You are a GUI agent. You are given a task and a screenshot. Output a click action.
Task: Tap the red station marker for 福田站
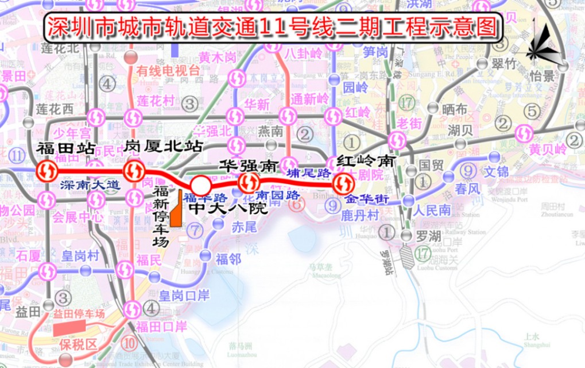[47, 171]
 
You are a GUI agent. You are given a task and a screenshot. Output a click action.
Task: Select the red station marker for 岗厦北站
[134, 171]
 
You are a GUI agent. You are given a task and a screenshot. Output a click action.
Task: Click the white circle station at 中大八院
[200, 185]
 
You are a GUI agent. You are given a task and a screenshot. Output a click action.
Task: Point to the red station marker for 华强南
[248, 183]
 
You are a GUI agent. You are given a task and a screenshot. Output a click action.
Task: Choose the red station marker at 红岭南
[343, 183]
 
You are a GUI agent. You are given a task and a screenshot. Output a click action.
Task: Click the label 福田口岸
[161, 327]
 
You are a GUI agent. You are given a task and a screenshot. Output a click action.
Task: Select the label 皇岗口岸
[184, 296]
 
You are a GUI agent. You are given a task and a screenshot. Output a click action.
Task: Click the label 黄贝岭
[548, 149]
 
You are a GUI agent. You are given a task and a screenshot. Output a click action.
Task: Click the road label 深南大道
[90, 185]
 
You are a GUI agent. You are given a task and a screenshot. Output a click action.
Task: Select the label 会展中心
[78, 217]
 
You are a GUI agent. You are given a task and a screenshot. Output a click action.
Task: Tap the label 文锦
[496, 172]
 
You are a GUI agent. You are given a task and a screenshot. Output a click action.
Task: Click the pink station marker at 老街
[397, 139]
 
